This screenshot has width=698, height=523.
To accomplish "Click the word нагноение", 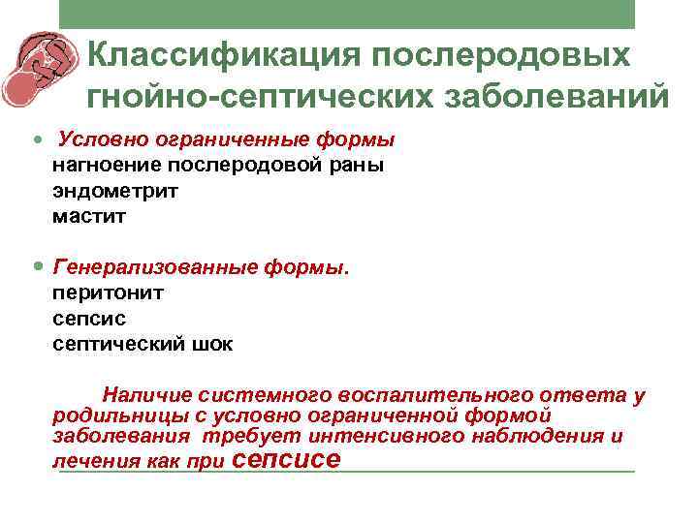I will [x=101, y=165].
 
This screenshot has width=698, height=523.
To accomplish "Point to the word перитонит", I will [x=108, y=291].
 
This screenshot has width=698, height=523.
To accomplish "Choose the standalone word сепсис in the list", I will [x=89, y=317].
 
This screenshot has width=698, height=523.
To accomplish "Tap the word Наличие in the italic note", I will [x=146, y=395].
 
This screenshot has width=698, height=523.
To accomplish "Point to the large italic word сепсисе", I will [x=288, y=459].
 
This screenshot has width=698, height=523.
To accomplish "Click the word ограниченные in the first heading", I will [x=198, y=139].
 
